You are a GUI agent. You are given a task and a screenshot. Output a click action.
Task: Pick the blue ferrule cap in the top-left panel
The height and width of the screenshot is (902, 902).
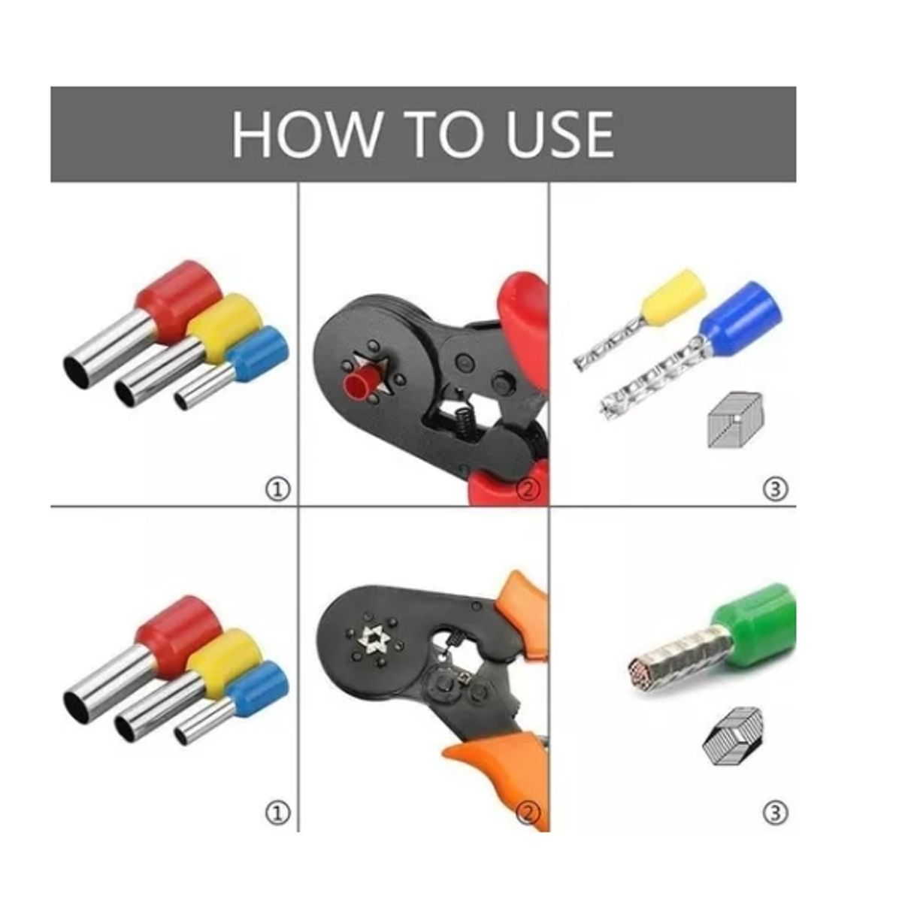(x=257, y=353)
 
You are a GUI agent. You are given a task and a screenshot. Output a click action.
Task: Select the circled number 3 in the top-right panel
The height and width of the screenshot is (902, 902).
(x=775, y=489)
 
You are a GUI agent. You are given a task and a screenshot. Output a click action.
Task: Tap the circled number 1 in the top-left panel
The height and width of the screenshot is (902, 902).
(x=277, y=489)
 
